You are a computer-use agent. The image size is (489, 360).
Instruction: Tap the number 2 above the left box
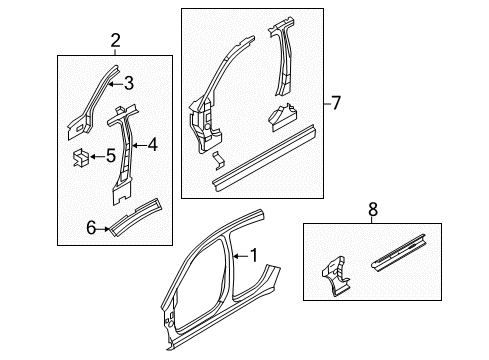(x=115, y=41)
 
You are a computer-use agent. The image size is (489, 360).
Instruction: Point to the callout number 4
(x=153, y=145)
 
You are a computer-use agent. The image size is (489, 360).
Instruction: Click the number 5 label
(x=112, y=155)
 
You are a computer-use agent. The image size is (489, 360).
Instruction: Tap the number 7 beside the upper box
(x=337, y=102)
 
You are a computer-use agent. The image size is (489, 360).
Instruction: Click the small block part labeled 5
(x=79, y=156)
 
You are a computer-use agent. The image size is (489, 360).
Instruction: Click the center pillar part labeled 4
(x=123, y=150)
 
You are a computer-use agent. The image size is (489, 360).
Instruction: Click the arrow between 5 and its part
(x=97, y=155)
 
